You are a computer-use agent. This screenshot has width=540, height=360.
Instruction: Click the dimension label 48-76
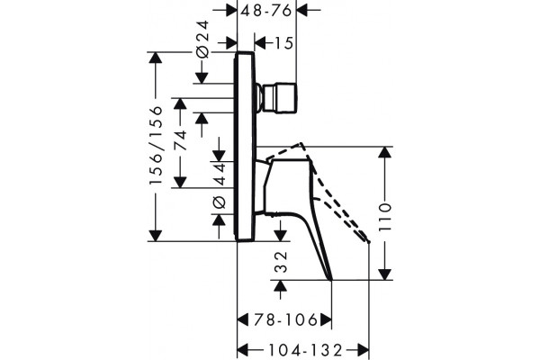[266, 11]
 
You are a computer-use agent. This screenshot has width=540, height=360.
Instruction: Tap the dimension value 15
[283, 43]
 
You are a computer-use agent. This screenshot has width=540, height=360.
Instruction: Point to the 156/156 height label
[156, 146]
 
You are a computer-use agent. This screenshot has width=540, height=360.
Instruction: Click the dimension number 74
[180, 140]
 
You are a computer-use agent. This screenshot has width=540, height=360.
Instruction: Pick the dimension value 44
[219, 174]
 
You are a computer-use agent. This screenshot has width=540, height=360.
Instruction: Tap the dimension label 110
[385, 218]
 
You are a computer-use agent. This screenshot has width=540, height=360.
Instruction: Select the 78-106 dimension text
[285, 320]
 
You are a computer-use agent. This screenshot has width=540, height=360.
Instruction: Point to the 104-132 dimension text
[305, 350]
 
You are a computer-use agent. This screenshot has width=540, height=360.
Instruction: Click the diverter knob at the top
[277, 97]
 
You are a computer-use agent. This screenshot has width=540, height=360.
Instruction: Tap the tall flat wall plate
[245, 146]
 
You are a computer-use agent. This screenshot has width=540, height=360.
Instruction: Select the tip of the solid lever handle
[331, 279]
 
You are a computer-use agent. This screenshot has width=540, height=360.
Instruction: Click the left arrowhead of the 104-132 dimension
[243, 350]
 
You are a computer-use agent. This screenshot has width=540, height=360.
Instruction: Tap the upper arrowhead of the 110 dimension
[385, 152]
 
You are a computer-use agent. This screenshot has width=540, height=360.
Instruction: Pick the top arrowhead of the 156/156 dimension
[156, 58]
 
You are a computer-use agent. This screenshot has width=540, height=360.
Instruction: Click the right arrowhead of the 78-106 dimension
[326, 320]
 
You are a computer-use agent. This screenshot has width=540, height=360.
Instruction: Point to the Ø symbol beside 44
[219, 202]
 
